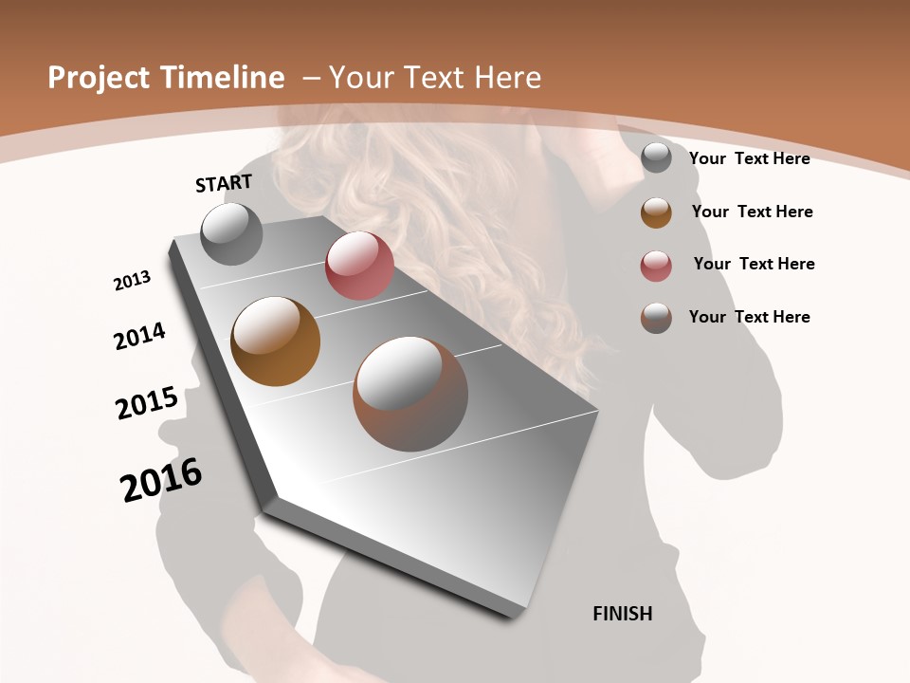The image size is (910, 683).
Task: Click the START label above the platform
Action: coord(224,183)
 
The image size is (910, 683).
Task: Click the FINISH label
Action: coord(623,614)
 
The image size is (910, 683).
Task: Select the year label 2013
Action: coord(132,281)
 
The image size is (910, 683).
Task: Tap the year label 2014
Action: coord(139,337)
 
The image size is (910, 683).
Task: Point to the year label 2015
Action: coord(147,403)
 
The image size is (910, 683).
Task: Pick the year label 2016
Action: coord(161,479)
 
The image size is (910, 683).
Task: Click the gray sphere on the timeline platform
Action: coord(231,233)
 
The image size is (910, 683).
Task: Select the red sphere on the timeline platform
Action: coord(359,266)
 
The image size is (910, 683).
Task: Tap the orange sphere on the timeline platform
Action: coord(275,341)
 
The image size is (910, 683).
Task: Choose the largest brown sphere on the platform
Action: coord(410,394)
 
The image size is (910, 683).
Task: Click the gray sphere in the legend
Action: coord(656,157)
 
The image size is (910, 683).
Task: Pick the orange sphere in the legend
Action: coord(656,212)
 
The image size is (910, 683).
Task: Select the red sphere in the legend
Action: coord(656,265)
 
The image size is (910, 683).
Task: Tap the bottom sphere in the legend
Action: coord(656,317)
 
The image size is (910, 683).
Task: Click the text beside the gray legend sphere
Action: coord(749,158)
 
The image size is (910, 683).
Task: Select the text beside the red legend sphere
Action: coord(754,264)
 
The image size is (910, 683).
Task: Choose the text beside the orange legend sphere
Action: coord(752,212)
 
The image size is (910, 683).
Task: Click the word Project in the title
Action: coord(100,78)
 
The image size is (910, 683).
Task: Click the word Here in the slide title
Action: coord(507,78)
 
